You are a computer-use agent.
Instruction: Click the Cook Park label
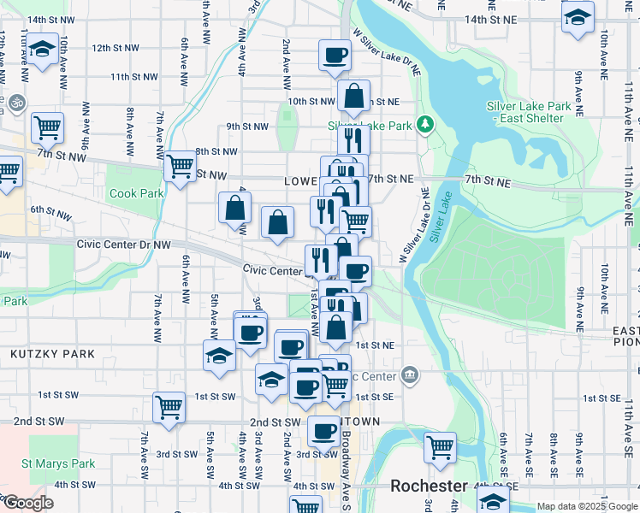tap(136, 193)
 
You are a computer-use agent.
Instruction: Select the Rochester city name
tap(430, 486)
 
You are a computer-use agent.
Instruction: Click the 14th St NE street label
tap(491, 18)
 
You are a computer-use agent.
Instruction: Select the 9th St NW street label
tap(247, 127)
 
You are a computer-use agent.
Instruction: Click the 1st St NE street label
tap(374, 345)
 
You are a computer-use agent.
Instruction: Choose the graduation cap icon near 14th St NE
tap(578, 16)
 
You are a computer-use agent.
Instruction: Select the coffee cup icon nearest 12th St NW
tap(335, 56)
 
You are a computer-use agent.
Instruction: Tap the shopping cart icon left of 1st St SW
tap(169, 406)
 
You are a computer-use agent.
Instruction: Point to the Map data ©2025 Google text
tap(586, 506)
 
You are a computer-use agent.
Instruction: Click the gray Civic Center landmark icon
tap(410, 374)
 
